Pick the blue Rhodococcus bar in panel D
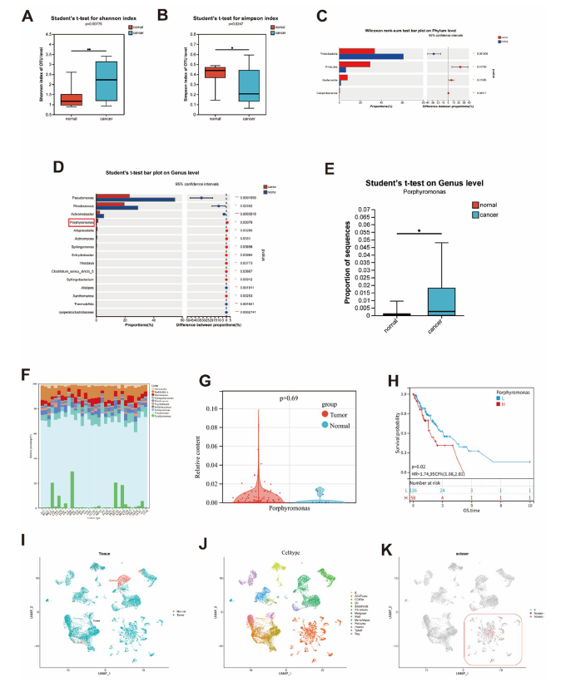click(x=117, y=207)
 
